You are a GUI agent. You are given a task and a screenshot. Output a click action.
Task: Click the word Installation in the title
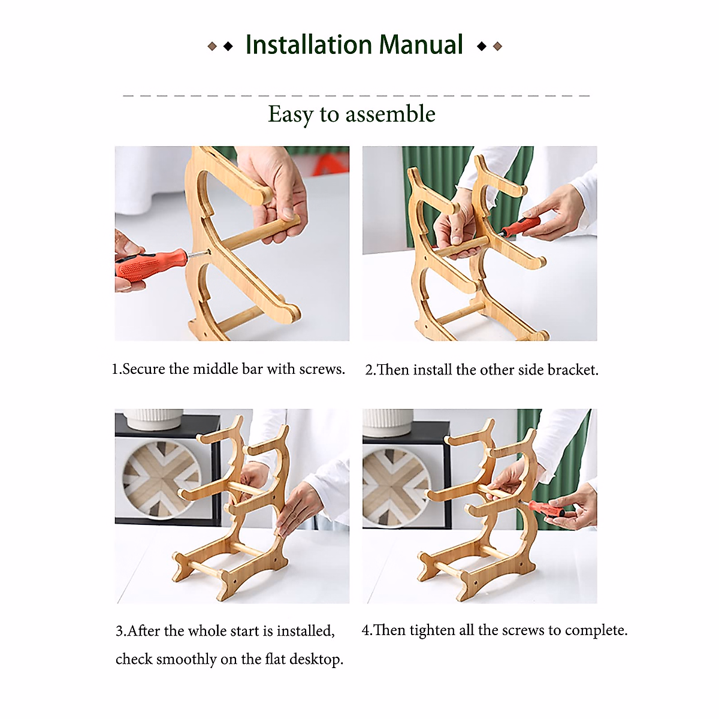click(x=309, y=44)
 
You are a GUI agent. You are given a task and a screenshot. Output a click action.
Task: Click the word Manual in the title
click(x=421, y=44)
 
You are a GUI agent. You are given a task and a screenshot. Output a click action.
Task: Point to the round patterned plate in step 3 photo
click(x=162, y=479)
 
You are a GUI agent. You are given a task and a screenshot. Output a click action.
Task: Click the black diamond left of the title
click(x=228, y=46)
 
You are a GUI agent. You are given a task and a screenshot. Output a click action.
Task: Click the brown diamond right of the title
click(x=497, y=46)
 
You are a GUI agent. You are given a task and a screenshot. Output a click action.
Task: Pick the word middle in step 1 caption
click(x=215, y=369)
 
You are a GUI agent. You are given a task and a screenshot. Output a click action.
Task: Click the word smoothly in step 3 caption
click(x=186, y=659)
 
